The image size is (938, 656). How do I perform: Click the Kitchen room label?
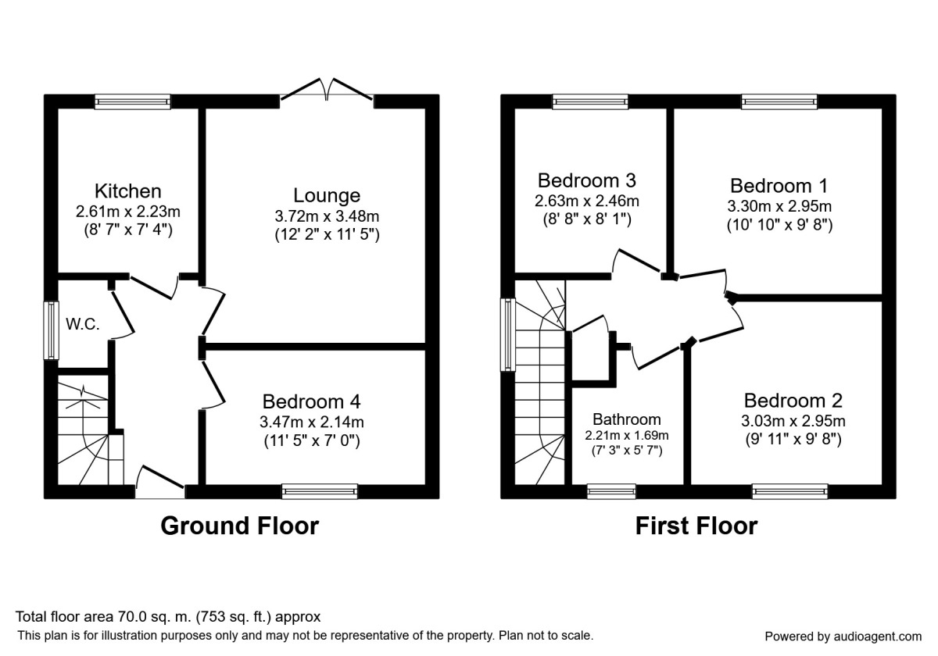(128, 191)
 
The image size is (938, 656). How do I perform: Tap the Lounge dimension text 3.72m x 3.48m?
(327, 216)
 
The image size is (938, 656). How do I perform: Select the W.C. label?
(83, 325)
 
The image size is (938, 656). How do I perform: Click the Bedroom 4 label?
(312, 401)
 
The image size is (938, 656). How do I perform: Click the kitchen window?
(132, 102)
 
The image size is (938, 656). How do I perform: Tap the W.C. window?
(51, 330)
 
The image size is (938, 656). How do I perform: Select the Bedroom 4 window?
(320, 491)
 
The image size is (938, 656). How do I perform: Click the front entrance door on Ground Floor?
(159, 483)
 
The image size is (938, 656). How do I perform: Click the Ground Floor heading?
(239, 526)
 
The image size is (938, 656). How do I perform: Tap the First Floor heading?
(696, 526)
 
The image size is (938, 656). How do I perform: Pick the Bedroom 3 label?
(586, 180)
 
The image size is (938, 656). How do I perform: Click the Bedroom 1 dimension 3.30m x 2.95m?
(779, 207)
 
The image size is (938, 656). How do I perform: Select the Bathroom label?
(626, 419)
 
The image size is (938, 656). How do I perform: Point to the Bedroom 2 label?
(793, 401)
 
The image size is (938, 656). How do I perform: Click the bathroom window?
(611, 491)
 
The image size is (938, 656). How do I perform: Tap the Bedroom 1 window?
(779, 102)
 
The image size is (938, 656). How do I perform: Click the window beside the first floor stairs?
(507, 335)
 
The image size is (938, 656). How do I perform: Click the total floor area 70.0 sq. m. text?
(169, 617)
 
